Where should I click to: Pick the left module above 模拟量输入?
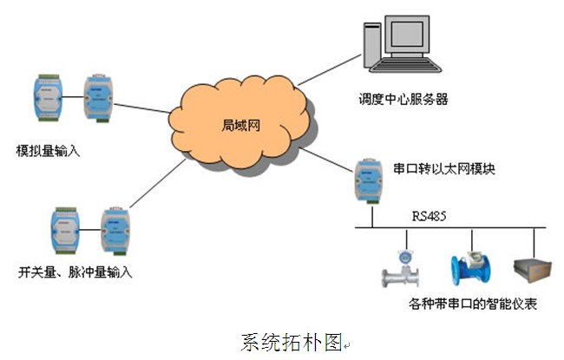43,98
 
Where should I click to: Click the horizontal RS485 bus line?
451,228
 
